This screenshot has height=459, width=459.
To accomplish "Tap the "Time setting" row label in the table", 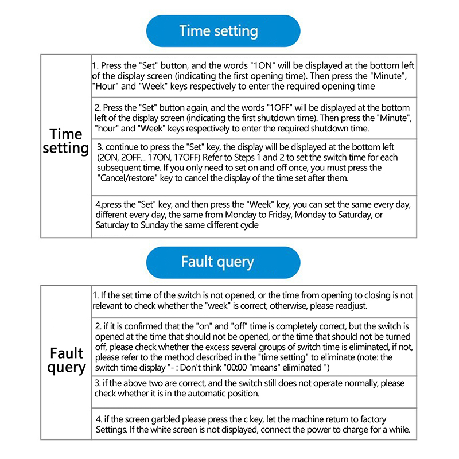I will (x=66, y=141).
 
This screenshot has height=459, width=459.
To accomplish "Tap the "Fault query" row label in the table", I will (x=66, y=360).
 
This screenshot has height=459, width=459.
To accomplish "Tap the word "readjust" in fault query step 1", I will (x=348, y=306).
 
